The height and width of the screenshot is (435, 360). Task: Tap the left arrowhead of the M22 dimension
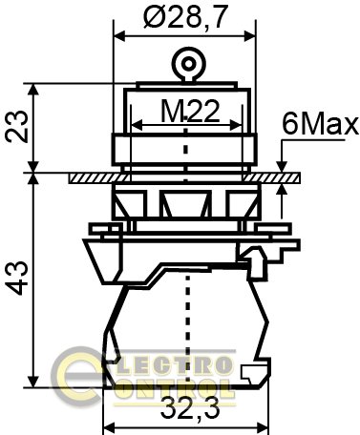pos(134,128)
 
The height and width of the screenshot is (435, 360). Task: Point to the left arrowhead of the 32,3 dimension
pos(107,425)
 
